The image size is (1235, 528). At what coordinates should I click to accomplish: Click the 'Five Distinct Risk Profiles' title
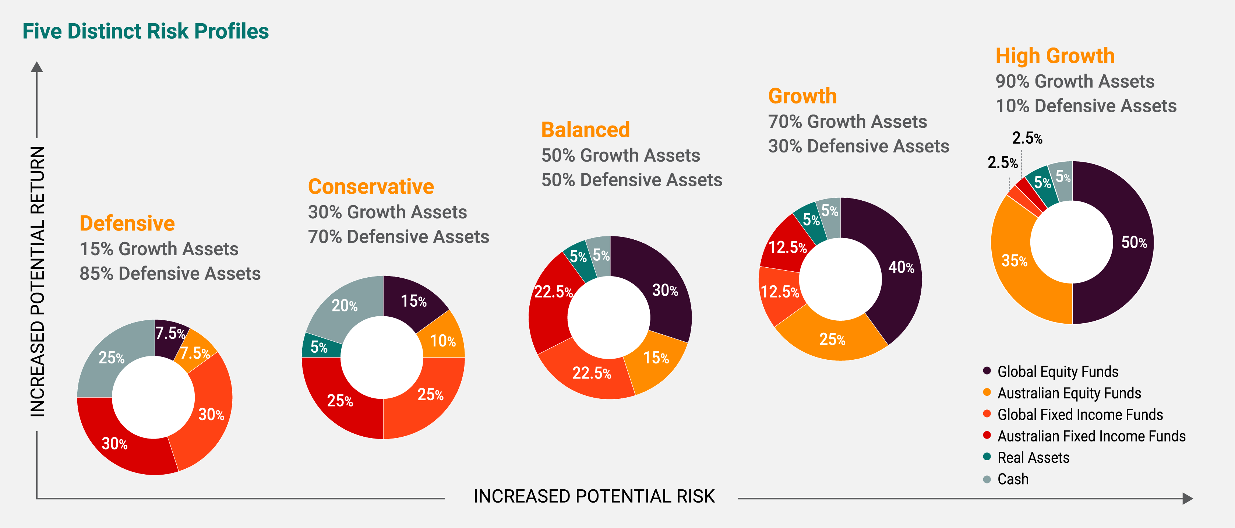145,31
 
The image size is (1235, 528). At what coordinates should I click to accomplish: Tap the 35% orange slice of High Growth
1014,261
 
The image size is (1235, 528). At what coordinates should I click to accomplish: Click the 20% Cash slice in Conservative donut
344,306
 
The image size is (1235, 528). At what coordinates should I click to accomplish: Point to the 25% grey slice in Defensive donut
111,357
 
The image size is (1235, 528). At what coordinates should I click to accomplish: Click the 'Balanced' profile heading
585,130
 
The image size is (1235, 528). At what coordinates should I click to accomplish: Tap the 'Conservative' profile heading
371,187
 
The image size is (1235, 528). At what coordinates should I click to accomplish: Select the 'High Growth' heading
1055,56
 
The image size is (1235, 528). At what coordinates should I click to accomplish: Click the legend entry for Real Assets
1033,458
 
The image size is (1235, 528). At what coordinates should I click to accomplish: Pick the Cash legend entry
1013,479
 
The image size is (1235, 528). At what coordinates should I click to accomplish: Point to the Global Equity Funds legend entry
1058,372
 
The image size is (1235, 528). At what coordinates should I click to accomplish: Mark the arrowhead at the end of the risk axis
1188,499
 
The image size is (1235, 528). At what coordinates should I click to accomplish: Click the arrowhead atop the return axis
37,67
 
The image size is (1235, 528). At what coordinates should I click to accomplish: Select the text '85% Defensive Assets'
170,273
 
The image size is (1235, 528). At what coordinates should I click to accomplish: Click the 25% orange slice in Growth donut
832,339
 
